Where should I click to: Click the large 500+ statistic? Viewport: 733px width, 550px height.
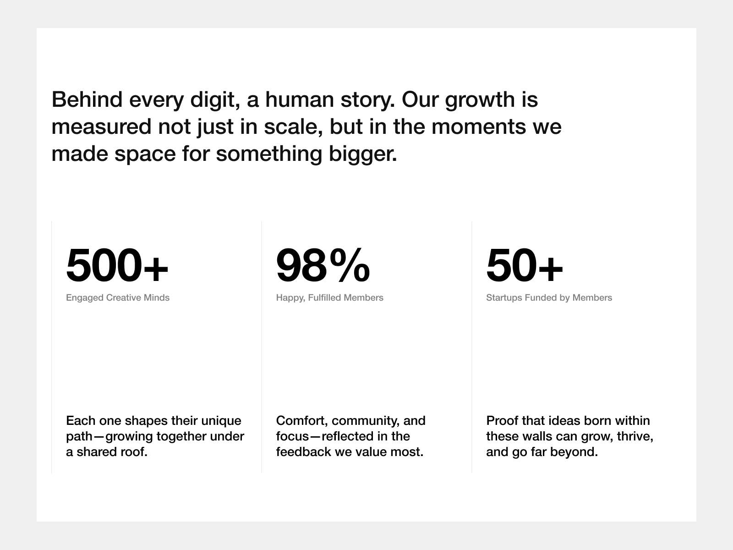[x=117, y=265]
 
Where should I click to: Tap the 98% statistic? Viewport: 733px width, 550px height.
[x=323, y=265]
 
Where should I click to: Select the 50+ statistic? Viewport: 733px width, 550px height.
[x=524, y=265]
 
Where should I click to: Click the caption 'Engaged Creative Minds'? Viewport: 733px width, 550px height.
[x=118, y=297]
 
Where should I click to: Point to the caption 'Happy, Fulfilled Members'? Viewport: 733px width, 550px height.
[x=329, y=297]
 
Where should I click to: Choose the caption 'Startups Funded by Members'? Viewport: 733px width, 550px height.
[x=549, y=297]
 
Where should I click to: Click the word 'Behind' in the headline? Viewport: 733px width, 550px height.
[x=87, y=99]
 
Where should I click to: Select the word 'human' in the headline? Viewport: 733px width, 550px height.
[x=300, y=99]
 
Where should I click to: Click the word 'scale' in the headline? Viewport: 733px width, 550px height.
[x=291, y=127]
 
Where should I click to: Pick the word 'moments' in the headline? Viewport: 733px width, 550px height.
[x=479, y=127]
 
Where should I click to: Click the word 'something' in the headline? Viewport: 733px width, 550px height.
[x=269, y=154]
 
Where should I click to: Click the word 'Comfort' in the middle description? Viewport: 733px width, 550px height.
[x=301, y=421]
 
